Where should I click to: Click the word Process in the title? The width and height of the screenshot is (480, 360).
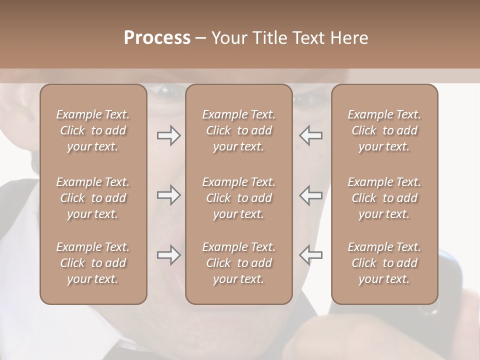(157, 38)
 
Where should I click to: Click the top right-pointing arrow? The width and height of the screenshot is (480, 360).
(168, 135)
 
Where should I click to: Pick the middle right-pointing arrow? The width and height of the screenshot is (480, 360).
(168, 195)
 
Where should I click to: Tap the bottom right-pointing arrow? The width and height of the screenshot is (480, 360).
(168, 255)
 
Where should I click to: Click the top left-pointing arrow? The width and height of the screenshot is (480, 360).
(311, 135)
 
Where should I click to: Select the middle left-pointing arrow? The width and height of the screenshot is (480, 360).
(311, 195)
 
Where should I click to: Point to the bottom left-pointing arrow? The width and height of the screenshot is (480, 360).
(311, 255)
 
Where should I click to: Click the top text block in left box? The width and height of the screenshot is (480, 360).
(93, 130)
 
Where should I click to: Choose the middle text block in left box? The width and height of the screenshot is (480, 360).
(93, 198)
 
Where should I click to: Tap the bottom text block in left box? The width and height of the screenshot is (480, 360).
(93, 263)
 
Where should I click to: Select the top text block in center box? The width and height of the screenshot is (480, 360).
(239, 130)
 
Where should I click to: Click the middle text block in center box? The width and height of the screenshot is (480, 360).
(239, 198)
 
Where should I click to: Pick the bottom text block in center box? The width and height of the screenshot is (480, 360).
(239, 263)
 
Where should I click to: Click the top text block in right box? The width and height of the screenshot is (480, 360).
(384, 130)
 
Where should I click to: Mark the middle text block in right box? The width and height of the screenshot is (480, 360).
(384, 198)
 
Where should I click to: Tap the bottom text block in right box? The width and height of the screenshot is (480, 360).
(384, 263)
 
